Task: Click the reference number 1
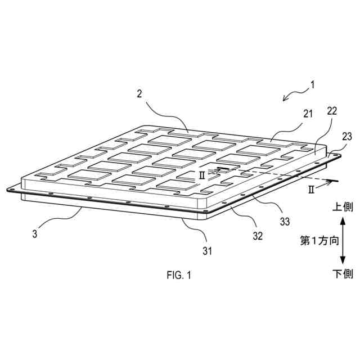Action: point(313,85)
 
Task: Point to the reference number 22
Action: point(332,111)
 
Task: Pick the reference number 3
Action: point(34,233)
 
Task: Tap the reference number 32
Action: point(257,236)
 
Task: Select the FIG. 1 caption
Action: point(179,275)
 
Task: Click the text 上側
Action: point(342,207)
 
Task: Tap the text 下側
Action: point(342,274)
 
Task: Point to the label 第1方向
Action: point(319,241)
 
